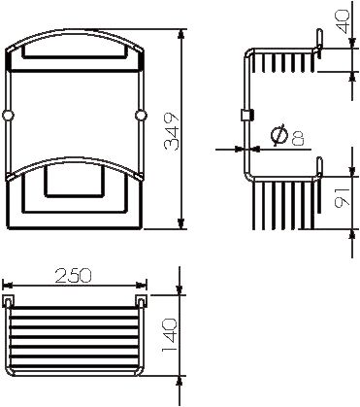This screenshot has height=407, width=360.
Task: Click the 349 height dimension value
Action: tap(172, 128)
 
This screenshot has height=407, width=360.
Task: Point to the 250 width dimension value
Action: tap(74, 276)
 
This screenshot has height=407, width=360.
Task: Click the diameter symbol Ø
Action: tap(278, 135)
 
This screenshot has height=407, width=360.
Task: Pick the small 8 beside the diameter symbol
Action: tap(295, 139)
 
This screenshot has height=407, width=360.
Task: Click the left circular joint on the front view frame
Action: tap(8, 116)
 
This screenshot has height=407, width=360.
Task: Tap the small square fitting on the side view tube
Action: tap(245, 116)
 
